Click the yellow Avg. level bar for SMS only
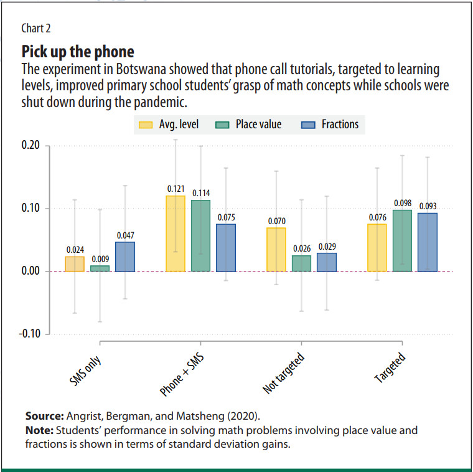click(75, 264)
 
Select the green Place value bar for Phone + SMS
click(200, 235)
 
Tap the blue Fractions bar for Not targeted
click(327, 262)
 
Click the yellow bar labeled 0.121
click(176, 234)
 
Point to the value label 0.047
click(125, 235)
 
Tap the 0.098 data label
click(402, 204)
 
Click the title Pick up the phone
click(78, 50)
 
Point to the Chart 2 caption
click(35, 28)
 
